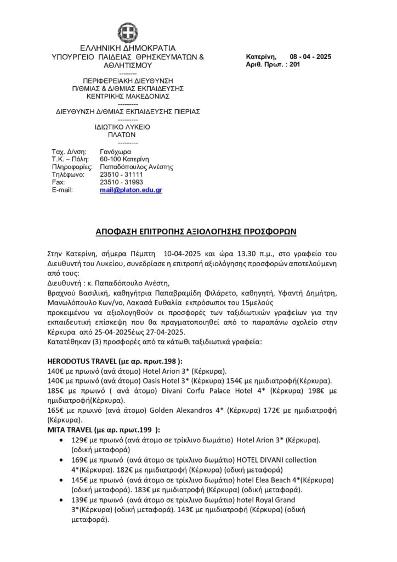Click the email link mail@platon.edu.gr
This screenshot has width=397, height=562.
click(131, 190)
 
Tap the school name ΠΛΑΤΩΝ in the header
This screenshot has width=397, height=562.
click(121, 134)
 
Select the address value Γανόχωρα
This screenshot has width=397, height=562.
click(116, 151)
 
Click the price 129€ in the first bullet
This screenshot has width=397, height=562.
click(80, 440)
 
